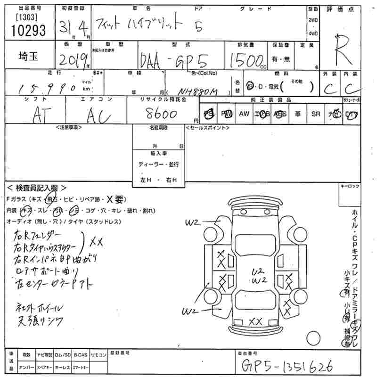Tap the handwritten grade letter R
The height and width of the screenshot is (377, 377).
(x=343, y=52)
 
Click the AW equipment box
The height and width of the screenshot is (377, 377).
(x=244, y=114)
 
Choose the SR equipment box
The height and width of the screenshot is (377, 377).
(x=316, y=114)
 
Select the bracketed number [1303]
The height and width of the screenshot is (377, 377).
(x=24, y=18)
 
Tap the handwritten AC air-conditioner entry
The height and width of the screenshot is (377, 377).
(x=99, y=114)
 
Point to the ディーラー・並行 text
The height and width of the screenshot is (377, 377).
(x=158, y=164)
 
